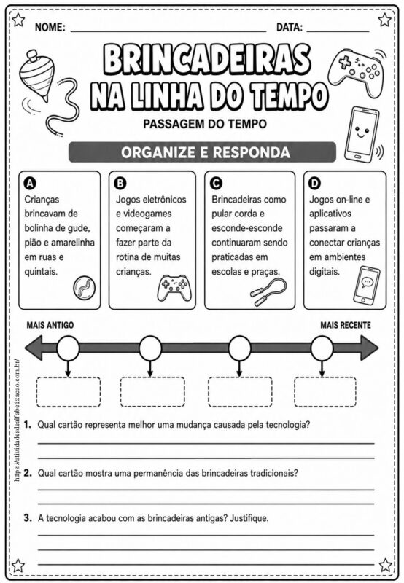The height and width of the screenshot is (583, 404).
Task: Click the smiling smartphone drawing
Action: pos(360,134)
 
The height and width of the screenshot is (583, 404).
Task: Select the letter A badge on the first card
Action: pos(30,184)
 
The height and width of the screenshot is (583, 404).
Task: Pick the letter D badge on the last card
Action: pos(315,184)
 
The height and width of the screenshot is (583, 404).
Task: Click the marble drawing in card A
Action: pos(84,287)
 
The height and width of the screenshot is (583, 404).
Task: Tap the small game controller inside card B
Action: pos(173,287)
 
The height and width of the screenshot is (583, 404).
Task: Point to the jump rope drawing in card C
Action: pos(268,292)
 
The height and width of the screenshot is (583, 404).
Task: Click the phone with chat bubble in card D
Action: pos(366,284)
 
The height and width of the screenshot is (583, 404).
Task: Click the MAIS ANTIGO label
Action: pos(50,325)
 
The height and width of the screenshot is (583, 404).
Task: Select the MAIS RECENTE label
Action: pos(346,325)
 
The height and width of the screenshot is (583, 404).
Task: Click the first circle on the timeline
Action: pos(68,348)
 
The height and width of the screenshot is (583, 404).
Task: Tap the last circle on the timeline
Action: pos(322,348)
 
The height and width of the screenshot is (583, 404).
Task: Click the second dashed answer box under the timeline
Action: pos(152,392)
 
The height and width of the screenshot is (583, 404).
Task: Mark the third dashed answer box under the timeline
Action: pos(240,392)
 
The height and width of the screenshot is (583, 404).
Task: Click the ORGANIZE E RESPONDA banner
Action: pos(203,152)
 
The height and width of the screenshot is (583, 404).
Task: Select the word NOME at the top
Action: pos(50,27)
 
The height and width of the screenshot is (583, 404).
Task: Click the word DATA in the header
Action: pos(290,27)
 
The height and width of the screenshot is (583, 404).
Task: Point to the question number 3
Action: pos(28,517)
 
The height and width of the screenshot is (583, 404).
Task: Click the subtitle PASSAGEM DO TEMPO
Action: pos(205,124)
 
